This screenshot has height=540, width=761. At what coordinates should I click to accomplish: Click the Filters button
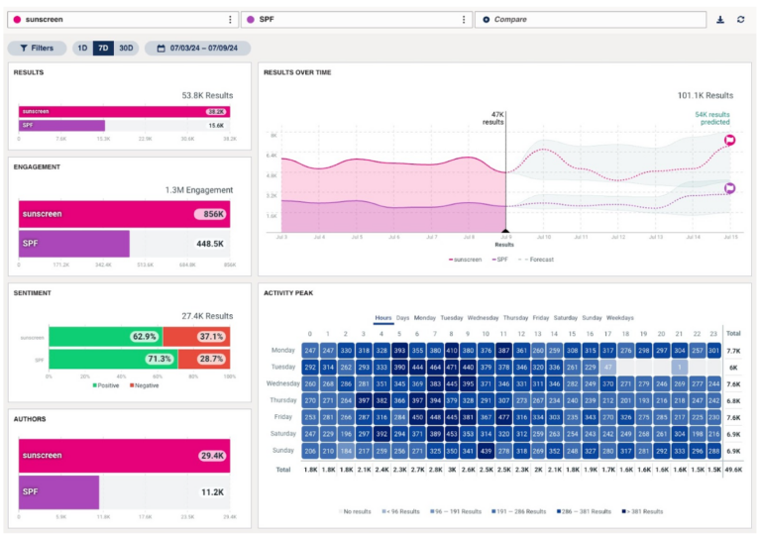click(37, 48)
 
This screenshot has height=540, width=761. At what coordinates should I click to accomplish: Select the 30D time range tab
click(126, 48)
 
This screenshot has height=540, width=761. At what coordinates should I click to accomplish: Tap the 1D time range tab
click(82, 48)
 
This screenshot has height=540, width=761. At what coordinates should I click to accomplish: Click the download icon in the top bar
click(720, 19)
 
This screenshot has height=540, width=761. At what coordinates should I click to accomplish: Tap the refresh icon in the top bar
click(740, 19)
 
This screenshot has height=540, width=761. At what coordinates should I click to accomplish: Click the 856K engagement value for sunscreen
click(208, 214)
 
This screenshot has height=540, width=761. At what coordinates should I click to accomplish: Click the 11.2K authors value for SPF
click(211, 491)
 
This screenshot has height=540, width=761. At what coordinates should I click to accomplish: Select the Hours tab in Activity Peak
click(383, 318)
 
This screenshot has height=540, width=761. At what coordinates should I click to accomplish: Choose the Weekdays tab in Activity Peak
click(619, 318)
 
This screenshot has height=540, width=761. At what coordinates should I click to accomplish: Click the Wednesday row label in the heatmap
click(283, 383)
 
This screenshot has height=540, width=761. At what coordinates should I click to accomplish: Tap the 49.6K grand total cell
click(732, 469)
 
